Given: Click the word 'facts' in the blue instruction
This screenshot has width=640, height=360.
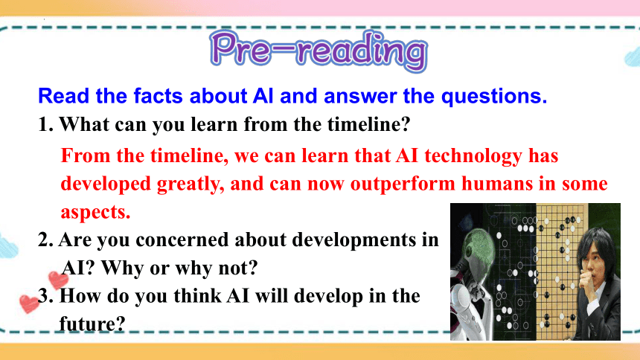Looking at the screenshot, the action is point(158,96).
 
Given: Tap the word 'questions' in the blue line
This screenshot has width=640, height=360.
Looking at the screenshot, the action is point(494,97).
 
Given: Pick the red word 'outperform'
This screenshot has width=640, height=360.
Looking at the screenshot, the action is point(403,184).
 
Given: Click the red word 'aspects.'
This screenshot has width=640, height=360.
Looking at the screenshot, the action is point(95,213).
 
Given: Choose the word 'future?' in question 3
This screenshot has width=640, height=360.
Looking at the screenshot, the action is point(92,324).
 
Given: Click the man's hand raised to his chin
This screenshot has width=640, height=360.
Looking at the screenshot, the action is point(586,281).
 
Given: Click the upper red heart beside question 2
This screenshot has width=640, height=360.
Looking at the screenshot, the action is point(58,280).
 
